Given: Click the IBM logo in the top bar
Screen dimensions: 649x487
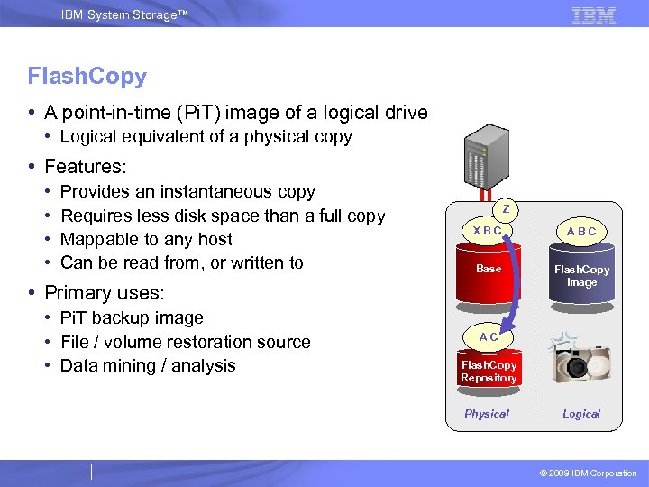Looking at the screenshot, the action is (x=593, y=14).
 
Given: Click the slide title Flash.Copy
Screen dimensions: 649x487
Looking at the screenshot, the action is (x=87, y=77).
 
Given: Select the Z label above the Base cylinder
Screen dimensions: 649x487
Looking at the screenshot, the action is (x=507, y=209).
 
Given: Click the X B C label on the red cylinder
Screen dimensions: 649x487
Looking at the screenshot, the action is (x=488, y=230).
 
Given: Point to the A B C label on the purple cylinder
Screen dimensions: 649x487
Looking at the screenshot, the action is (x=581, y=232).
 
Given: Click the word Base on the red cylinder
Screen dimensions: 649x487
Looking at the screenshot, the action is (x=489, y=269).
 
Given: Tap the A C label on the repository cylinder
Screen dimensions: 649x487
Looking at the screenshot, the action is (x=489, y=336).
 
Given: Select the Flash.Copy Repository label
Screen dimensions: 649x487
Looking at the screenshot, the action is (x=489, y=372).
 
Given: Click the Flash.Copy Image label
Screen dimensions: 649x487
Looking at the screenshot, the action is (x=581, y=276).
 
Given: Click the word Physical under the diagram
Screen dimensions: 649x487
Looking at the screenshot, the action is (x=487, y=414).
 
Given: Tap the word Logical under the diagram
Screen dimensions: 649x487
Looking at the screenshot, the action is (x=581, y=414).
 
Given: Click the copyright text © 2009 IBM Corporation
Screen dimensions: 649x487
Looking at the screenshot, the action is (x=588, y=473).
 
